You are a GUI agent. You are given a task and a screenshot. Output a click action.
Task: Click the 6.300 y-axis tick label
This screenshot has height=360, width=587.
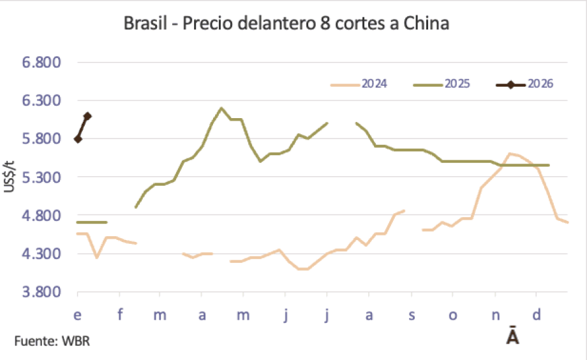[x=41, y=101]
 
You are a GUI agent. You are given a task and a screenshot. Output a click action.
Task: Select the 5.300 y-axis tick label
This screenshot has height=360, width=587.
[x=41, y=177]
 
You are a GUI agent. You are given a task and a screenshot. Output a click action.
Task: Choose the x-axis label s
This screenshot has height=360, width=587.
[x=411, y=315]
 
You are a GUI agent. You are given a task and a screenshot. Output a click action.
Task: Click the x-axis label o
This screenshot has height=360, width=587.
[x=453, y=315]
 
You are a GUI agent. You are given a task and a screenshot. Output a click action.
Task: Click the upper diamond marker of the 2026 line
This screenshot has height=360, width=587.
[x=87, y=116]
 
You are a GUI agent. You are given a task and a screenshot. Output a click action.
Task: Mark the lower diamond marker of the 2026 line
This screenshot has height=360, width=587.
[x=78, y=139]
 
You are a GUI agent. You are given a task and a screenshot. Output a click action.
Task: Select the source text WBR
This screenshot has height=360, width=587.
[x=76, y=341]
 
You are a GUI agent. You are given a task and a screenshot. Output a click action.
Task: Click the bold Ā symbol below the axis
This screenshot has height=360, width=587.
[x=512, y=336]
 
